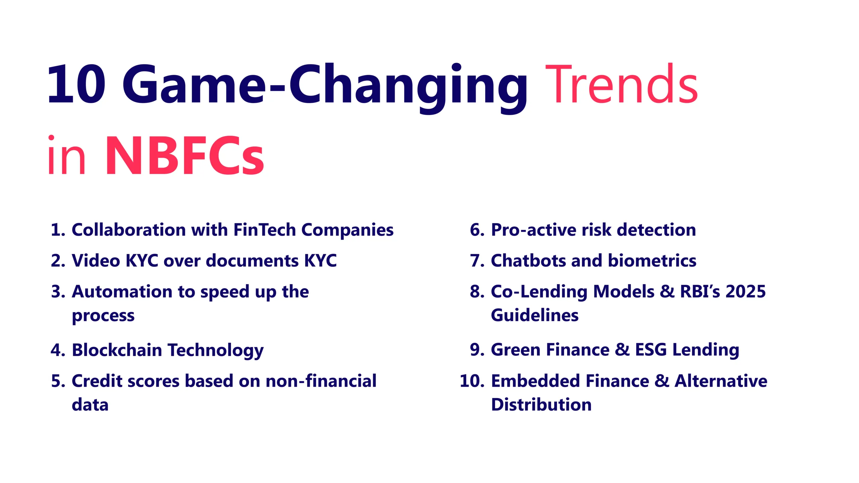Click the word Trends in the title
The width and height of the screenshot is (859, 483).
pos(621,84)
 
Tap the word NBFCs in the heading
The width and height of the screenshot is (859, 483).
pos(185,155)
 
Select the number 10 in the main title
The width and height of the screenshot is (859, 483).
pos(77,84)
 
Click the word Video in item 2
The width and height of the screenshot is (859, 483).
pos(96,261)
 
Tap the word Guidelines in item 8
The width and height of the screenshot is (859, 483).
pos(535,315)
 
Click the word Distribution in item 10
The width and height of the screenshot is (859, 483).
pos(541,405)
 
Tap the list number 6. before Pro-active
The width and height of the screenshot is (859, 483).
pos(477,230)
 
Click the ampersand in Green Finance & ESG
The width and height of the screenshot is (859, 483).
pos(622,350)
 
